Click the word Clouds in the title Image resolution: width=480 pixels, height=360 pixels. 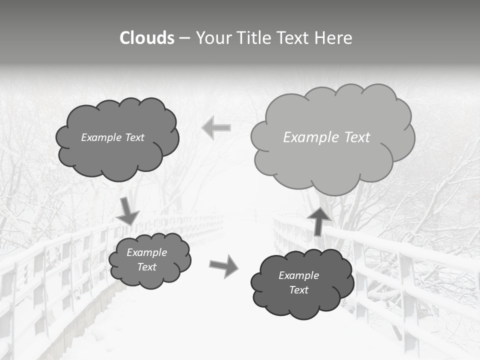click(147, 38)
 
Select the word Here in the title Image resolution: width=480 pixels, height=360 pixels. click(334, 38)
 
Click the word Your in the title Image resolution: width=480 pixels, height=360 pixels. click(214, 38)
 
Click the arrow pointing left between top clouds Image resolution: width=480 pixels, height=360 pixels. click(216, 128)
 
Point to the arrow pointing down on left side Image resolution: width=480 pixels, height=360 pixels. click(128, 211)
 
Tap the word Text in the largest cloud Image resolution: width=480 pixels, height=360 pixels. click(357, 137)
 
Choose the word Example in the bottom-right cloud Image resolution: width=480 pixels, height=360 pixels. click(298, 275)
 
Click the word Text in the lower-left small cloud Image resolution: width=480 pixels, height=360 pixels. click(146, 267)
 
